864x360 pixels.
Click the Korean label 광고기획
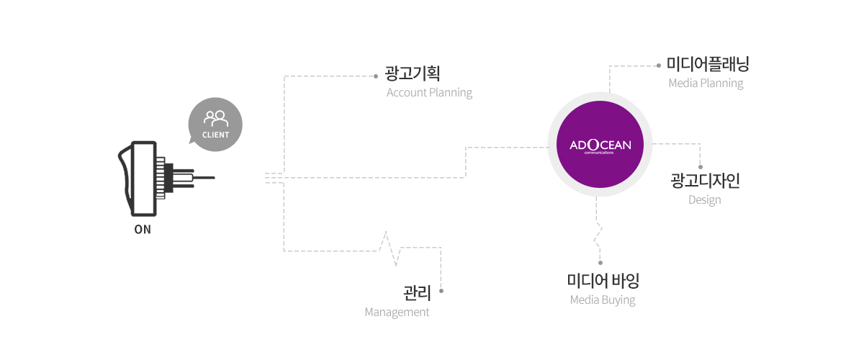tap(413, 73)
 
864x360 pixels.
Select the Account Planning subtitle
tap(429, 93)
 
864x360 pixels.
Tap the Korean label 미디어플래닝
tap(708, 64)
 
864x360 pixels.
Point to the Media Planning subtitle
tap(706, 84)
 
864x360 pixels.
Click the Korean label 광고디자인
tap(705, 181)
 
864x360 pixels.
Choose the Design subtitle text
tap(705, 200)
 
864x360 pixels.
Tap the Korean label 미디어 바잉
tap(603, 281)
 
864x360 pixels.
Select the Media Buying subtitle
tap(603, 300)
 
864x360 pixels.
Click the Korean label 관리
tap(417, 293)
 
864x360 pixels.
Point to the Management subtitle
tap(397, 312)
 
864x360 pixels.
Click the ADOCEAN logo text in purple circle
tap(600, 145)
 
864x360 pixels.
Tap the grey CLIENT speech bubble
tap(215, 125)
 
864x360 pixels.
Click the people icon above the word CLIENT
tap(216, 119)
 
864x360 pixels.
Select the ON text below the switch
tap(143, 230)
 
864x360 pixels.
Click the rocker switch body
tap(138, 179)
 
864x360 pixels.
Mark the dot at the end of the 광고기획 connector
tap(376, 76)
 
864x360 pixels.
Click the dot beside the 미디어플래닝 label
tap(659, 66)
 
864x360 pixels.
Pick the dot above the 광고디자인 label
tap(701, 167)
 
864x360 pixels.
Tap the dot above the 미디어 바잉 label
tap(600, 263)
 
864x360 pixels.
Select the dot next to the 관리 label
tap(441, 291)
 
